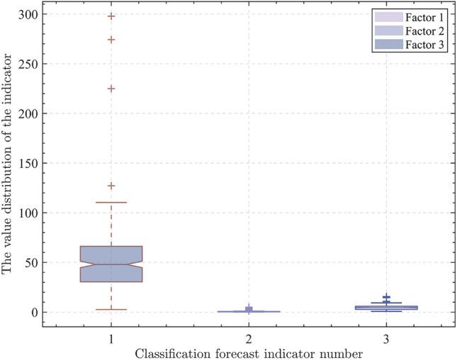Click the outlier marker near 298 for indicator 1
click(111, 16)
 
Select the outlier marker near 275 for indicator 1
click(111, 40)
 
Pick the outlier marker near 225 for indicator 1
click(111, 89)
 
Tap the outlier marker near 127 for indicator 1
click(111, 186)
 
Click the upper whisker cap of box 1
click(111, 203)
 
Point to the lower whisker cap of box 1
click(111, 309)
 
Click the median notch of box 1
click(111, 264)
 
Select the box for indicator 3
click(386, 307)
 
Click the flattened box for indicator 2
click(249, 311)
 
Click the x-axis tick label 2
click(249, 339)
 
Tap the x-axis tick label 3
click(386, 339)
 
